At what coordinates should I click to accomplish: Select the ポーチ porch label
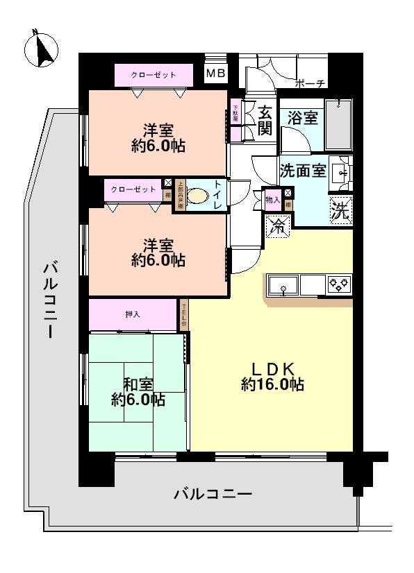tap(310, 84)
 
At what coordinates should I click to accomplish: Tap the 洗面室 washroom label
tap(302, 170)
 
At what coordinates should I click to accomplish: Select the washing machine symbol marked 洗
tap(340, 209)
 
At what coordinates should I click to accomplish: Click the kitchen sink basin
tap(283, 284)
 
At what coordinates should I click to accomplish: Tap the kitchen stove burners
tap(340, 284)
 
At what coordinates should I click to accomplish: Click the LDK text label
tap(272, 368)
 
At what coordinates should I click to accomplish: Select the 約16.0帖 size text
tap(272, 386)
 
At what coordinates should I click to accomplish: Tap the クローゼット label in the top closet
tap(154, 74)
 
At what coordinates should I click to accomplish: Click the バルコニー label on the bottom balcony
tap(213, 495)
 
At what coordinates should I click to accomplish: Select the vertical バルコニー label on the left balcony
tap(49, 300)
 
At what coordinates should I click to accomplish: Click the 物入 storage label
tap(272, 200)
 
